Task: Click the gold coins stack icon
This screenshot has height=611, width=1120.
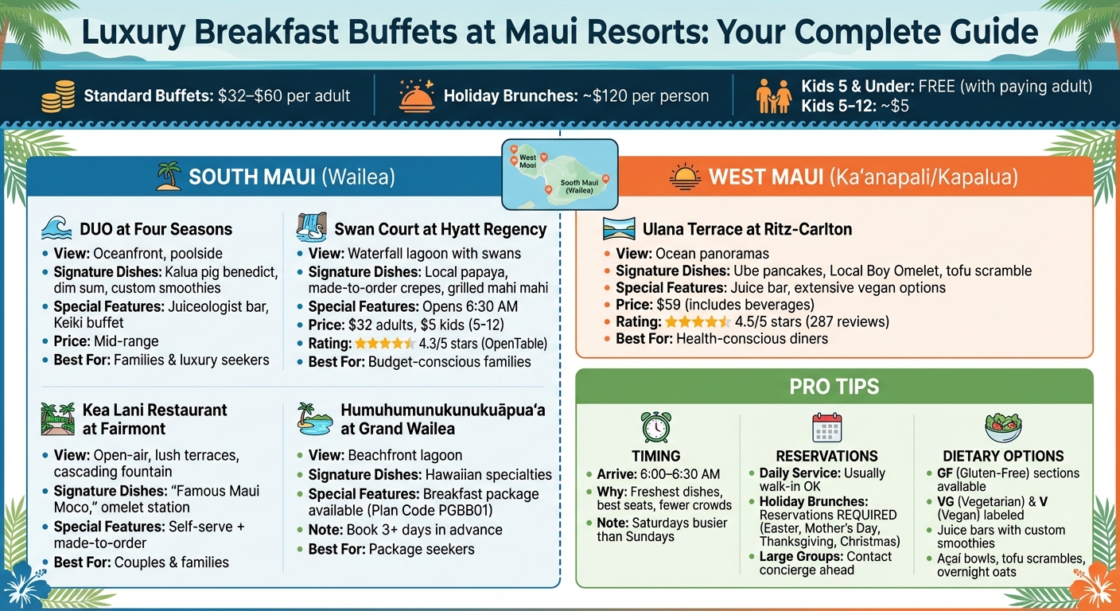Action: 59,97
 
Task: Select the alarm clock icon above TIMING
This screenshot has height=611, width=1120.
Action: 655,427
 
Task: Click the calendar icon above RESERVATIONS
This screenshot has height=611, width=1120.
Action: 826,427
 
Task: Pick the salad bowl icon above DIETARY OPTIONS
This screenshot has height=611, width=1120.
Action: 1002,427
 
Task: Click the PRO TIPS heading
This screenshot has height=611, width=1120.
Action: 834,387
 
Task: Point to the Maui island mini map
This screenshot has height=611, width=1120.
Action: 560,174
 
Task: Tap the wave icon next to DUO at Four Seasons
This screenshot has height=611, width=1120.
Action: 57,229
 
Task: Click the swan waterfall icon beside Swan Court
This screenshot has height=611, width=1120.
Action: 311,228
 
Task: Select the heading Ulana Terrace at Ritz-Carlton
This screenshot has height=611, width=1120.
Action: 747,229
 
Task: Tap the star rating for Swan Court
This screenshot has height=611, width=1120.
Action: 384,344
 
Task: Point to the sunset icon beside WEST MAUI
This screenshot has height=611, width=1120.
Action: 684,177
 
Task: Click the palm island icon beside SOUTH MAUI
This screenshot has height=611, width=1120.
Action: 168,176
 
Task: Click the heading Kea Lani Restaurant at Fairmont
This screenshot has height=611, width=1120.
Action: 154,419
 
